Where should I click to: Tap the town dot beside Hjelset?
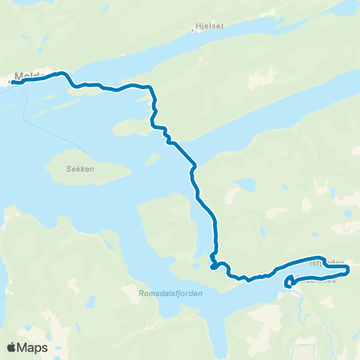tap(191, 31)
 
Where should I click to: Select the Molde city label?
tap(27, 76)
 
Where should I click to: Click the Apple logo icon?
tap(11, 347)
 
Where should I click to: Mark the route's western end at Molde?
tap(13, 82)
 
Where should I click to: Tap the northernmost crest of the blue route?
tap(61, 73)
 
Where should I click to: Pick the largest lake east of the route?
tap(246, 185)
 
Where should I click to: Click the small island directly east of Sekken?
tap(153, 159)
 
